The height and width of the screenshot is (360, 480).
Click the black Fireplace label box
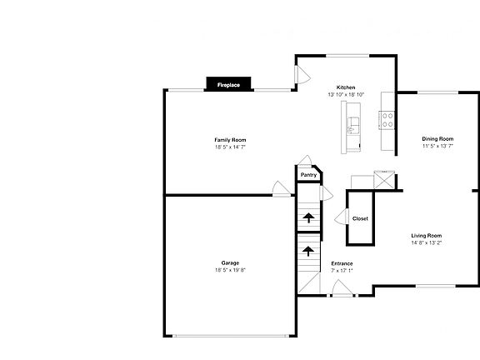pyautogui.click(x=229, y=84)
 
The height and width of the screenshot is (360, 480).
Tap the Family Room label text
pyautogui.click(x=230, y=139)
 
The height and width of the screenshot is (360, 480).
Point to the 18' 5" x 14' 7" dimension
pyautogui.click(x=230, y=147)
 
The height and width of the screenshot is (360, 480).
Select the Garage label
pyautogui.click(x=230, y=262)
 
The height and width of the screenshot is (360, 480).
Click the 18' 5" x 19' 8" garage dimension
pyautogui.click(x=230, y=270)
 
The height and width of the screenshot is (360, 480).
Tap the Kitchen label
pyautogui.click(x=346, y=87)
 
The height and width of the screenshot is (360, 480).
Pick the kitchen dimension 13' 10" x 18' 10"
pyautogui.click(x=346, y=95)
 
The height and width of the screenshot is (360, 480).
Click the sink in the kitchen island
pyautogui.click(x=353, y=126)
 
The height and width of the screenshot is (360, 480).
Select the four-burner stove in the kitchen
pyautogui.click(x=387, y=120)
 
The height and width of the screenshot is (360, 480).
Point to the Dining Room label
pyautogui.click(x=437, y=138)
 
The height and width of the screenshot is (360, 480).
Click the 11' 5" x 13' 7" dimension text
pyautogui.click(x=437, y=146)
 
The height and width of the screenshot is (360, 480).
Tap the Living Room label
pyautogui.click(x=426, y=236)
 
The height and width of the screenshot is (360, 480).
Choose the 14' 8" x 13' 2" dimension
pyautogui.click(x=426, y=243)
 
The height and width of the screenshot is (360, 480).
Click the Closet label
pyautogui.click(x=360, y=218)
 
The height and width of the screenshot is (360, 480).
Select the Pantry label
pyautogui.click(x=308, y=175)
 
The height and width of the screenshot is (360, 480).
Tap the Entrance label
pyautogui.click(x=342, y=262)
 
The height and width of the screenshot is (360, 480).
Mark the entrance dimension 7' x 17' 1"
pyautogui.click(x=342, y=270)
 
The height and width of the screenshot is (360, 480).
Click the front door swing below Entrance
pyautogui.click(x=341, y=288)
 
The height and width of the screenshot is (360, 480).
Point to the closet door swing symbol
pyautogui.click(x=342, y=217)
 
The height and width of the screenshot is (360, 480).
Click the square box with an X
pyautogui.click(x=384, y=179)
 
